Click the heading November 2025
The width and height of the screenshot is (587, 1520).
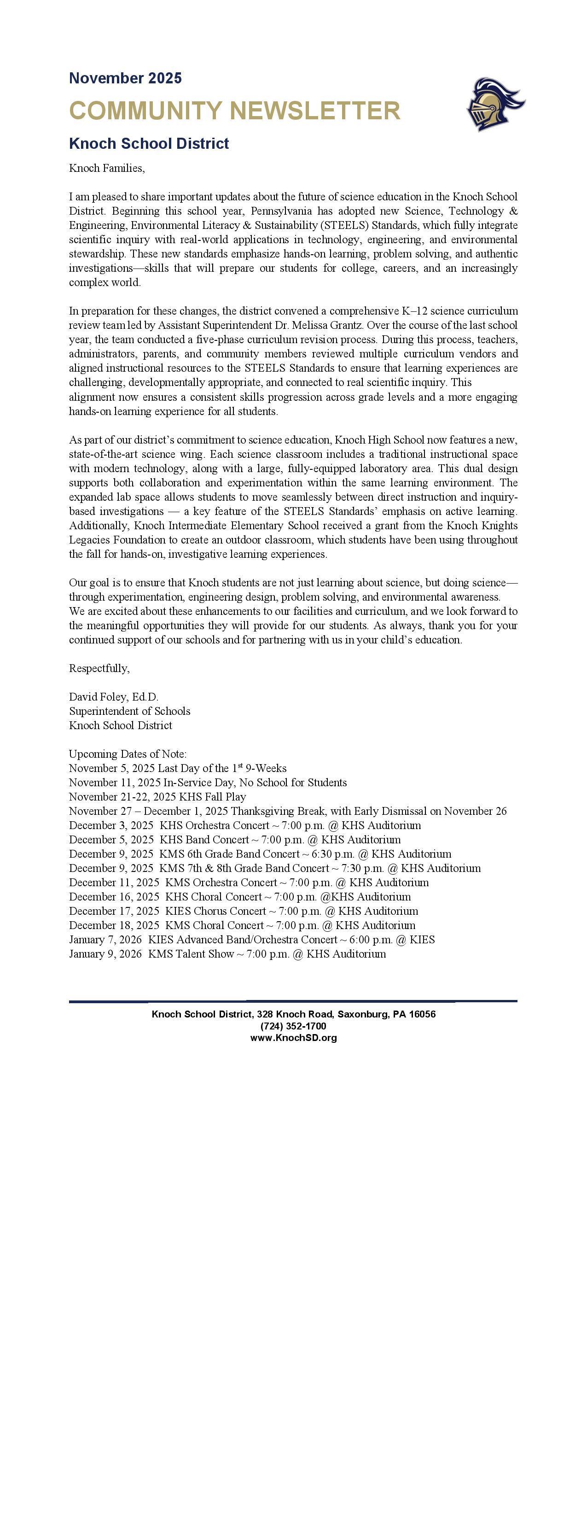[x=125, y=78]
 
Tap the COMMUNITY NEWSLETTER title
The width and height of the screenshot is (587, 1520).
[x=234, y=111]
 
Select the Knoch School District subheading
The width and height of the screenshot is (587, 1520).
[x=149, y=143]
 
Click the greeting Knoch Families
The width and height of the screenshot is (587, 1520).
[x=107, y=168]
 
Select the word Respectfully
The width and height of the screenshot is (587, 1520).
[x=99, y=668]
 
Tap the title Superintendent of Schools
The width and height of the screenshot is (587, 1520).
[x=129, y=711]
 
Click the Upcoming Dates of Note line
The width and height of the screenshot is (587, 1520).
[x=128, y=754]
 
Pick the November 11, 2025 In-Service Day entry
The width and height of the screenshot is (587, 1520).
[x=208, y=783]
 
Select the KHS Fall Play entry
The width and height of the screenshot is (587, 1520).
[x=157, y=796]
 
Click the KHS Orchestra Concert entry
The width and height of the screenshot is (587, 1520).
[x=245, y=825]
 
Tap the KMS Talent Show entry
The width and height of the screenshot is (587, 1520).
[x=227, y=953]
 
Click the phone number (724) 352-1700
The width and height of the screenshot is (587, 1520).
[x=293, y=1026]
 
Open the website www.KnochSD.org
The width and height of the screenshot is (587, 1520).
[x=293, y=1037]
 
